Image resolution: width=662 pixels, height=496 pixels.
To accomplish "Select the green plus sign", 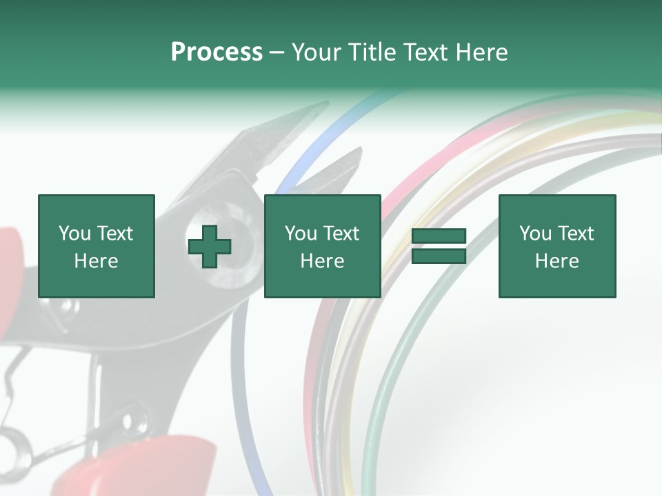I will click(x=210, y=247).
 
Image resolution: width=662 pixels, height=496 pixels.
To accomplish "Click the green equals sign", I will click(x=439, y=247).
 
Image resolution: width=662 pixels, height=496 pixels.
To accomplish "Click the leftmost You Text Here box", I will click(x=96, y=246).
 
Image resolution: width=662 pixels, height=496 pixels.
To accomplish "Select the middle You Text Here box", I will click(x=322, y=246).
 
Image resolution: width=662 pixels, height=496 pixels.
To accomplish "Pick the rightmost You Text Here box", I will click(x=556, y=246).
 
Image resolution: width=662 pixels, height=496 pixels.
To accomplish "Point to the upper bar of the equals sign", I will click(x=439, y=236).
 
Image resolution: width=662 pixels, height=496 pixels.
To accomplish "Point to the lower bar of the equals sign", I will click(x=439, y=256).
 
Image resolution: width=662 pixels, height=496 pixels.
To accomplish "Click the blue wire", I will click(x=324, y=138).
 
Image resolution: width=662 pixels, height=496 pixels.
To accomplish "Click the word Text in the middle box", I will click(x=341, y=234).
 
